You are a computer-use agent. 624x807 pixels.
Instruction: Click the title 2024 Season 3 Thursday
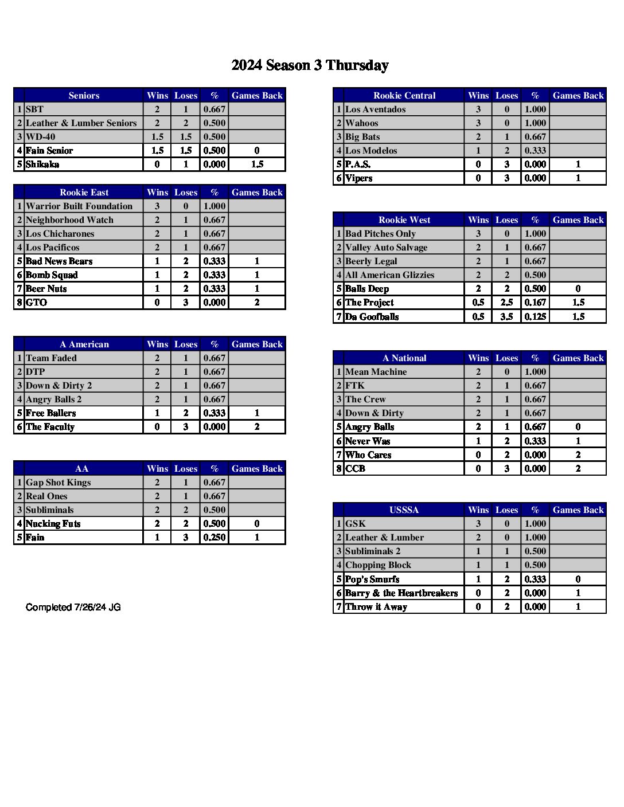pyautogui.click(x=310, y=65)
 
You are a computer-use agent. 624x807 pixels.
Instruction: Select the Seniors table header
pyautogui.click(x=84, y=96)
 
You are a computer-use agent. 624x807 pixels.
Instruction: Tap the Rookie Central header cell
pyautogui.click(x=404, y=96)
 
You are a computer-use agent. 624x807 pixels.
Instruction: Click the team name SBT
pyautogui.click(x=35, y=109)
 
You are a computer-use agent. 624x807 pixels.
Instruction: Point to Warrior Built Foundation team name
pyautogui.click(x=79, y=206)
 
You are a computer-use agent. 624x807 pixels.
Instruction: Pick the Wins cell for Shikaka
pyautogui.click(x=157, y=164)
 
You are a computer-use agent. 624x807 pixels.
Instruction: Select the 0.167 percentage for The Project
pyautogui.click(x=535, y=303)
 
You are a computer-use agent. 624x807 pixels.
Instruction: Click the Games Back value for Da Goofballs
pyautogui.click(x=578, y=316)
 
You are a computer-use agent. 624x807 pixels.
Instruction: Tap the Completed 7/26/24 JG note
pyautogui.click(x=73, y=607)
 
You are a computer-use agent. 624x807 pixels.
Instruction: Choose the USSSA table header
pyautogui.click(x=404, y=510)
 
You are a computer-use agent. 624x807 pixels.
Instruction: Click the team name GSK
pyautogui.click(x=356, y=524)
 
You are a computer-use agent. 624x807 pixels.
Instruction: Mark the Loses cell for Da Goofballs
pyautogui.click(x=506, y=316)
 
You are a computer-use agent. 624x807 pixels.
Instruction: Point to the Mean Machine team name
pyautogui.click(x=376, y=372)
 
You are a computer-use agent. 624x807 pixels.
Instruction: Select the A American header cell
pyautogui.click(x=84, y=344)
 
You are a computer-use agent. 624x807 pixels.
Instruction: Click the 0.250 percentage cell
pyautogui.click(x=214, y=538)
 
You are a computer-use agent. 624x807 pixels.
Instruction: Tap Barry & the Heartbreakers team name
pyautogui.click(x=401, y=593)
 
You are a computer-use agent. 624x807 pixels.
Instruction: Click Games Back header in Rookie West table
pyautogui.click(x=578, y=220)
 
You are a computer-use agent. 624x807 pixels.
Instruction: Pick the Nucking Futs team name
pyautogui.click(x=53, y=524)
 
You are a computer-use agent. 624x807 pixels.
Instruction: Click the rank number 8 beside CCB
pyautogui.click(x=339, y=469)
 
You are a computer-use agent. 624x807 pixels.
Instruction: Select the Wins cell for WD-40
pyautogui.click(x=157, y=137)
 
